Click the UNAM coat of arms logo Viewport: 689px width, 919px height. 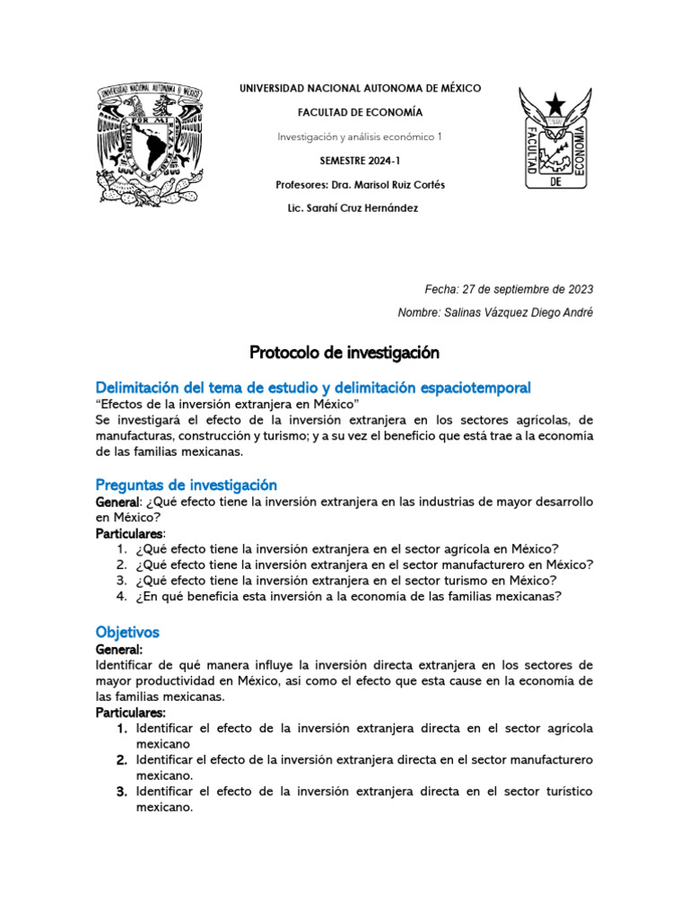coord(150,144)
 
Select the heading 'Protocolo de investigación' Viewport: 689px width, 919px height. coord(344,353)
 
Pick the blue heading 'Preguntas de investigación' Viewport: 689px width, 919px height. coord(187,485)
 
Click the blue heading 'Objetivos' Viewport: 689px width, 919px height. coord(127,632)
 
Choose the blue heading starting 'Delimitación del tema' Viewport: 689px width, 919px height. coord(313,387)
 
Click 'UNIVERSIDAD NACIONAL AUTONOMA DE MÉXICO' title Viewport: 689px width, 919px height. coord(359,88)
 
